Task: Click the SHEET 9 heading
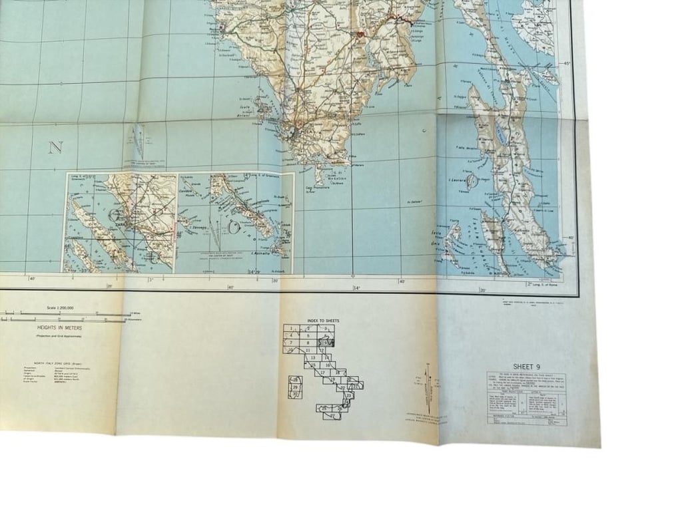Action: [527, 366]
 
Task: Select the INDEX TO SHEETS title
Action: [323, 321]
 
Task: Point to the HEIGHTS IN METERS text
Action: [60, 327]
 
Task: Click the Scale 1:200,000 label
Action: [60, 308]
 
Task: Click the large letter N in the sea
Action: [55, 148]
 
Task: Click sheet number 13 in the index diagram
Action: [312, 358]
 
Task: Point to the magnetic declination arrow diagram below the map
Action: [428, 389]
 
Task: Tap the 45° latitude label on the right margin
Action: [567, 64]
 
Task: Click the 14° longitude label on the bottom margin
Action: [356, 287]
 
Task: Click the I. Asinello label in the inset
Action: [260, 254]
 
